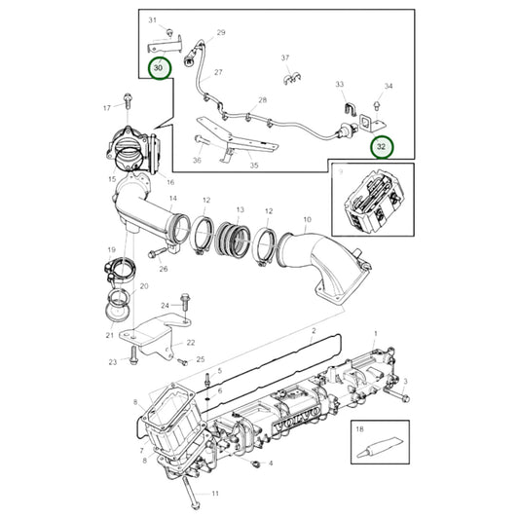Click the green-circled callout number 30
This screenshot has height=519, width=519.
(161, 68)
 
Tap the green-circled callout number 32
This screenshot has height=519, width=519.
(382, 146)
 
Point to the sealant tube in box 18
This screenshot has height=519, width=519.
(380, 447)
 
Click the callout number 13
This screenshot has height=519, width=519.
(241, 209)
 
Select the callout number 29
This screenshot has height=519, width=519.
(221, 32)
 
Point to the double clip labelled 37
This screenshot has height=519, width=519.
(291, 79)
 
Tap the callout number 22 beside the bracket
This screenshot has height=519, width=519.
(191, 342)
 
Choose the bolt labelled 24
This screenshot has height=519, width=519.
(185, 302)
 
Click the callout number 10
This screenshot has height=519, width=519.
(307, 219)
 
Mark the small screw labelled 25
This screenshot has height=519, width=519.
(182, 362)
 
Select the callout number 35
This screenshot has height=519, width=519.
(254, 165)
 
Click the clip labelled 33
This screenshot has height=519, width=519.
(349, 110)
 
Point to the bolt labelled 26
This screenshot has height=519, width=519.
(157, 253)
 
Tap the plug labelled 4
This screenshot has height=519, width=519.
(255, 463)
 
